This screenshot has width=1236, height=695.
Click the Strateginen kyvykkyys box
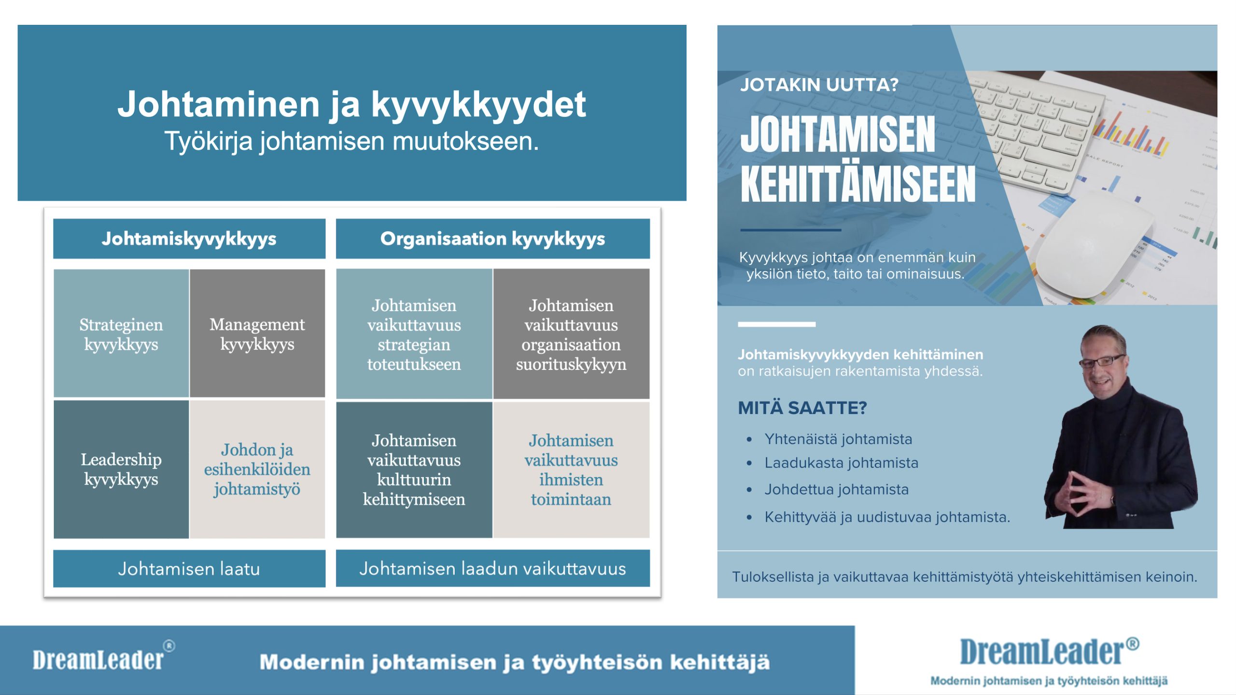pos(121,334)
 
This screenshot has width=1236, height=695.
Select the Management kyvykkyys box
pos(257,334)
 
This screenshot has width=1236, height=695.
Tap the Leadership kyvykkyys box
pos(121,469)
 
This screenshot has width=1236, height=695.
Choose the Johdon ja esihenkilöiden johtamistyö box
pos(257,469)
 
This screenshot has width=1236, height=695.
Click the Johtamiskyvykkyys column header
pos(189,239)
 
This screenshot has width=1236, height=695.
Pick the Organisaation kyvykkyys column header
pos(492,239)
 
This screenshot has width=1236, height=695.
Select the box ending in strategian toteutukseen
pos(414,334)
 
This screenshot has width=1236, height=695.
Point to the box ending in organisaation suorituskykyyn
pos(571,334)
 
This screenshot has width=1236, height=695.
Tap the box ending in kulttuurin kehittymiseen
pos(414,469)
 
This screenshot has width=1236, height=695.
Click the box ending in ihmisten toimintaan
pos(571,469)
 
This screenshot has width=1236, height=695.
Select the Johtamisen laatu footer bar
pos(189,568)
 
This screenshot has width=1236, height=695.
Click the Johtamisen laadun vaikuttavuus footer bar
pos(492,568)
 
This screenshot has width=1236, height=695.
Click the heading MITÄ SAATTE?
pos(802,408)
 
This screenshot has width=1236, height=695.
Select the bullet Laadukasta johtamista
pos(841,463)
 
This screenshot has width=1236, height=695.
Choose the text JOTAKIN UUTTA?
pos(819,85)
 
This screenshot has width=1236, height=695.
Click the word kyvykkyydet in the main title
pos(478,104)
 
